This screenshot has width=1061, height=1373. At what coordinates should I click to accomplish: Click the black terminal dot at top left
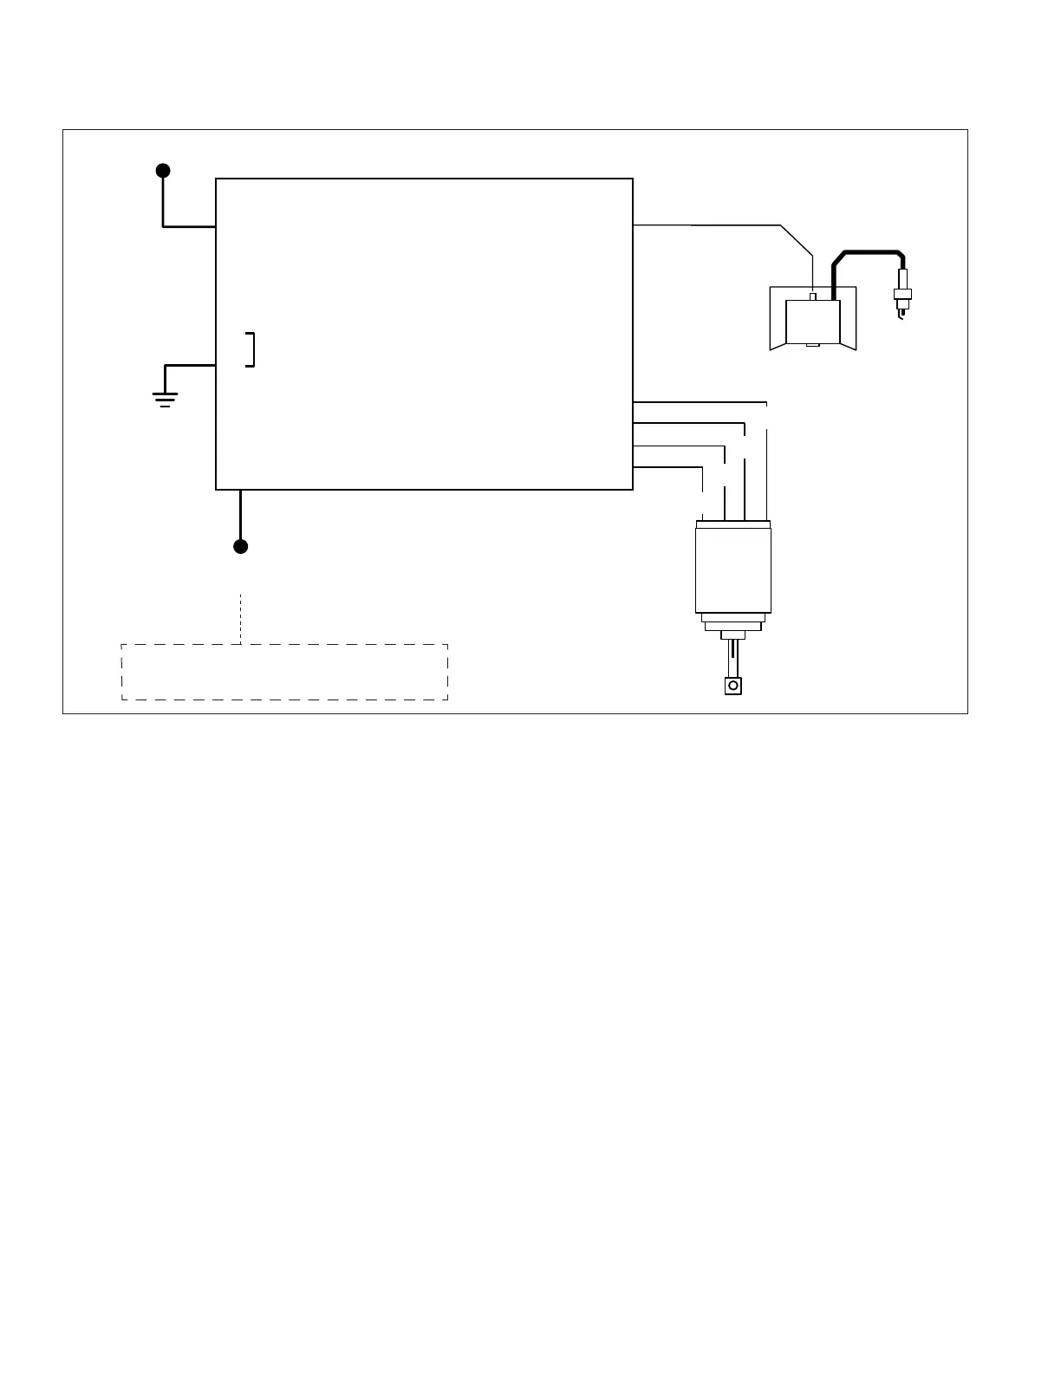[x=163, y=170]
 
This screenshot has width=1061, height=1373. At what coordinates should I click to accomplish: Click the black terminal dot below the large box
[x=241, y=546]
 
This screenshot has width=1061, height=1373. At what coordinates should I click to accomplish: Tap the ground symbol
[x=165, y=398]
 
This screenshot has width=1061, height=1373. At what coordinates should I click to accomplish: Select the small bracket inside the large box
[x=251, y=349]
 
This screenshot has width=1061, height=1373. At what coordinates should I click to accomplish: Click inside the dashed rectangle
[x=284, y=672]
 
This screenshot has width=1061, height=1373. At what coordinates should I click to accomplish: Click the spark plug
[x=902, y=292]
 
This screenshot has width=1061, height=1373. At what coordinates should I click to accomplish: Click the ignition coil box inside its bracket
[x=812, y=322]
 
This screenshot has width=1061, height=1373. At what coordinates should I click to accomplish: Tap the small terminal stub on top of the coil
[x=812, y=297]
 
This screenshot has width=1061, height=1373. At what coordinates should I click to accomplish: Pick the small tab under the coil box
[x=812, y=346]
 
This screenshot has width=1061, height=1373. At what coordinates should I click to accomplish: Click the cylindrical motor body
[x=733, y=568]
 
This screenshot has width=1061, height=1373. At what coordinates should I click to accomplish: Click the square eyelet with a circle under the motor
[x=733, y=686]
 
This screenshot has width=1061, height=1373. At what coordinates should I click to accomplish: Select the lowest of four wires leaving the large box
[x=667, y=467]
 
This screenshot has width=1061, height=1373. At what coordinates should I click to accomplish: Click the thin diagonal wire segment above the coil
[x=797, y=240]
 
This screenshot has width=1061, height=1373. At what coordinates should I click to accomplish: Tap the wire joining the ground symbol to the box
[x=189, y=365]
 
